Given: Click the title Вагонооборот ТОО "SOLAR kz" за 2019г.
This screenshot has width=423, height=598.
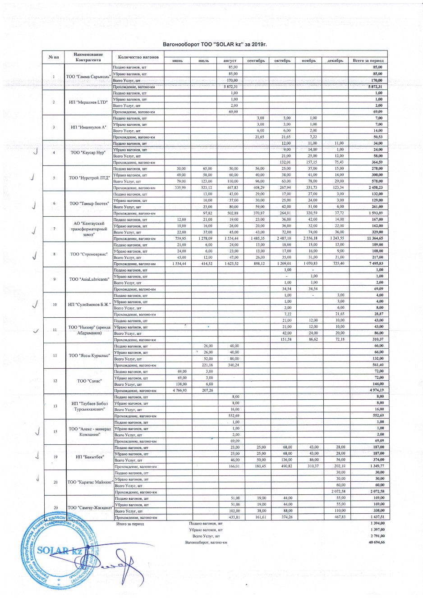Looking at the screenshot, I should coord(215,44).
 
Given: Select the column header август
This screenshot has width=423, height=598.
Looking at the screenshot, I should coord(230,60).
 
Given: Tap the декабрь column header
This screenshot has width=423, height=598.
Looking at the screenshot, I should coord(335,60).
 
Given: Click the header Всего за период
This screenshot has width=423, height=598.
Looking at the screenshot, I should coord(368,60).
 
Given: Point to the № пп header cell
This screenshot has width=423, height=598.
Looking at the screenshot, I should coord(54,57).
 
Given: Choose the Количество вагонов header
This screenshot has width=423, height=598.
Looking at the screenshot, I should coord(138,57).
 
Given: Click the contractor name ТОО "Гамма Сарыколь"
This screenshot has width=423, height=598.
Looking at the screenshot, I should coord(88,77).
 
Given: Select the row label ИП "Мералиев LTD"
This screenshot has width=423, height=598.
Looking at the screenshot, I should coord(88,102).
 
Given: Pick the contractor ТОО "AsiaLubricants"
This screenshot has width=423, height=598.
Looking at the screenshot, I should coord(89,279).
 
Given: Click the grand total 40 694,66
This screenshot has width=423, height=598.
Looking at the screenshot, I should coord(377,543).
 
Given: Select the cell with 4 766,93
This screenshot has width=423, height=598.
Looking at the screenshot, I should coord(179,390).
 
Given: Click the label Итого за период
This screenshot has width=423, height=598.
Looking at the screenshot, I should coord(130,524).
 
